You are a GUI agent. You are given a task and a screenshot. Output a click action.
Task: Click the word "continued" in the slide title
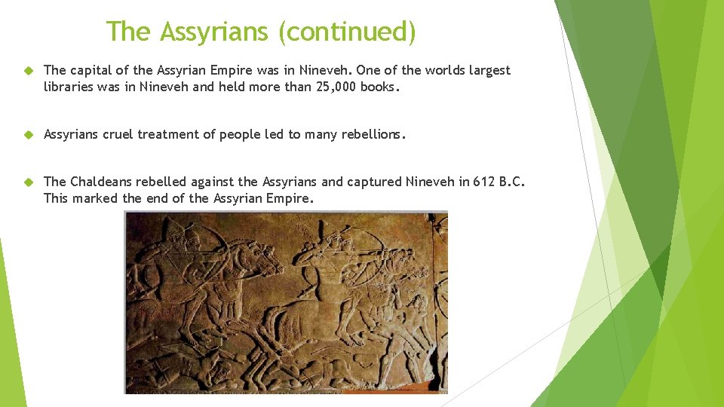click(347, 32)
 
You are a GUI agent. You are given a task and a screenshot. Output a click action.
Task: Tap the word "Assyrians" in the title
click(215, 32)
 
